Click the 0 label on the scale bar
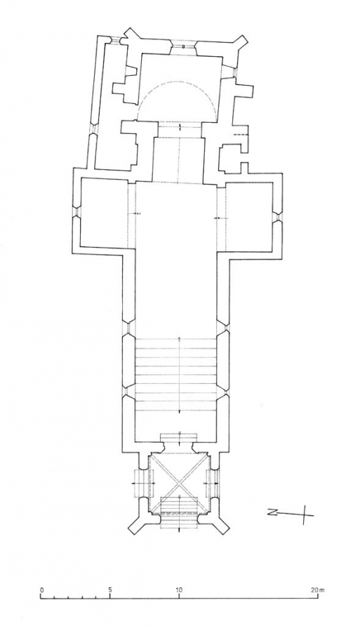click(x=41, y=590)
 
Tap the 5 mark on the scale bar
click(x=110, y=590)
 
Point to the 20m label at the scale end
click(x=317, y=590)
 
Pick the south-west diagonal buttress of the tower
click(x=223, y=523)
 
